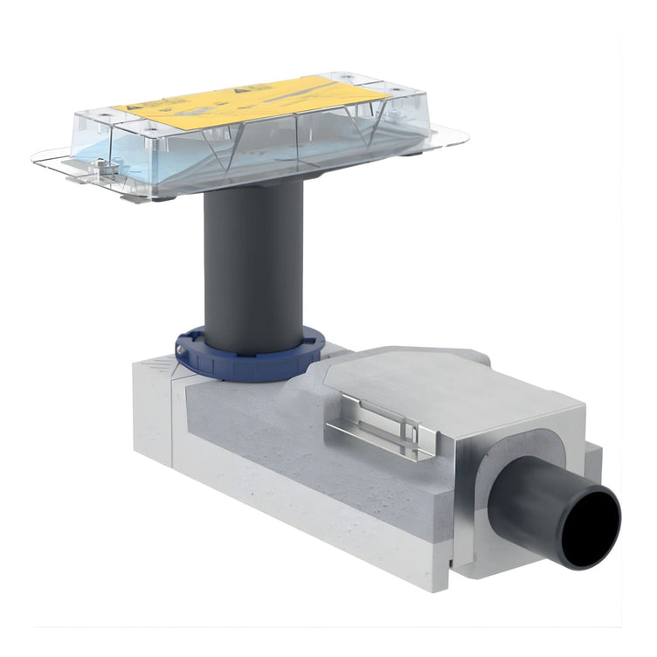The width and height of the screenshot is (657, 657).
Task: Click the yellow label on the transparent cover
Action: (x=253, y=103)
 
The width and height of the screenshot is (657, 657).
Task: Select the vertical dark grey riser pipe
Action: (x=252, y=262)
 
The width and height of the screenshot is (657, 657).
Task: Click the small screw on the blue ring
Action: (x=182, y=349)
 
